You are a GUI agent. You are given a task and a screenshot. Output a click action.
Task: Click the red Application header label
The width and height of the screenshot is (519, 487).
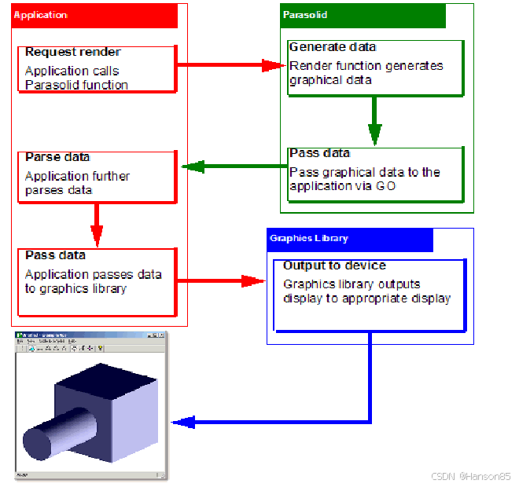coord(41,15)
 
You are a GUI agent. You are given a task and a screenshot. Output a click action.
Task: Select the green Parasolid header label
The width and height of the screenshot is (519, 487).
coord(304,15)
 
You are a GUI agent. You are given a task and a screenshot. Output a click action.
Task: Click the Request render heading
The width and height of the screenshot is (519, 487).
coord(73,52)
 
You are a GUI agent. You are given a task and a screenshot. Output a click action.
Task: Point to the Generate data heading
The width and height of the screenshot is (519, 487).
coord(333,47)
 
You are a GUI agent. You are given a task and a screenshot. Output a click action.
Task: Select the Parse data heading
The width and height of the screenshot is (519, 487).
coord(57,157)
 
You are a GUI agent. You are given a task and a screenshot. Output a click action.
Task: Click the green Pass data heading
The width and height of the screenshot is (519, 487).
coord(319,152)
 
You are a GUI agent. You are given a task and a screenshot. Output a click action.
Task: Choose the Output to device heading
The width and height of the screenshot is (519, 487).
coord(334,265)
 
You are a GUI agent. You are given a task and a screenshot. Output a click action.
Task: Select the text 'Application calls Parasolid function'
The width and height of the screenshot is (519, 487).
coord(75,78)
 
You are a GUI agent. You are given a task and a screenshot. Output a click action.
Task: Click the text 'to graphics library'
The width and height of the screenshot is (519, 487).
coord(75,288)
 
